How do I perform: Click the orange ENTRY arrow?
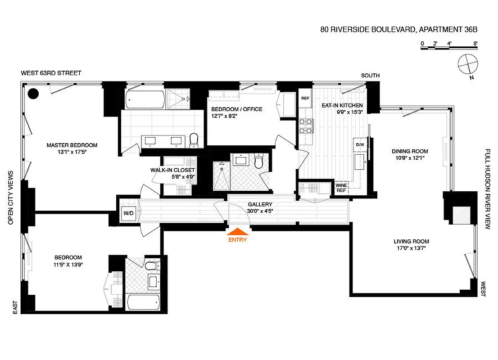point(237,232)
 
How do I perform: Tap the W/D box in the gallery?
point(126,214)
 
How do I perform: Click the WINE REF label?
point(341,187)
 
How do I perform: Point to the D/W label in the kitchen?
point(360,145)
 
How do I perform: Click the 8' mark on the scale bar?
point(475,43)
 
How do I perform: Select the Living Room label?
point(412,241)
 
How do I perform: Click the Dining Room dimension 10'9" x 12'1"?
point(410,158)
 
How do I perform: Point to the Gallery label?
point(260,204)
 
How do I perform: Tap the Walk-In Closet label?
point(172,170)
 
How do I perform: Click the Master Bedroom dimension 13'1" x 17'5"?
point(72,152)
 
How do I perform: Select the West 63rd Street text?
point(51,73)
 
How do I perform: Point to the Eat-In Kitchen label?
point(342,105)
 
